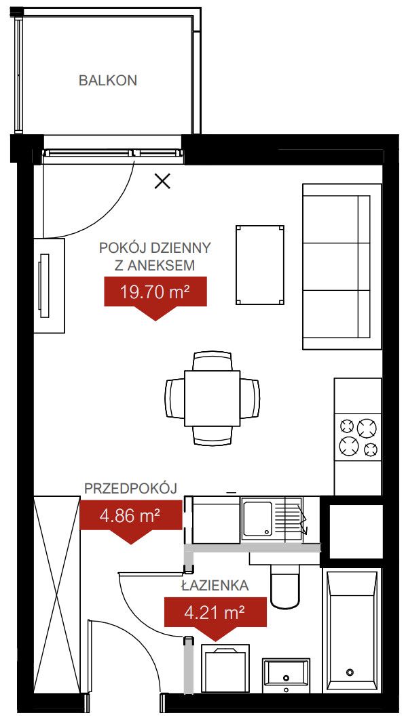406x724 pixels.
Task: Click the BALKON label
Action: pos(108,81)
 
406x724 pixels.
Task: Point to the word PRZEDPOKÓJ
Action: pos(131,489)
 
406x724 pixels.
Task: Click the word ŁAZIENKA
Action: pos(215,586)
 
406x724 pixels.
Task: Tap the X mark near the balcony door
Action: pos(162,182)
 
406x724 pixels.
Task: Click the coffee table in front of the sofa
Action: pos(259,265)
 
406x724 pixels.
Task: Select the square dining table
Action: pos(213,398)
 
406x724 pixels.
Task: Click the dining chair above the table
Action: pos(213,361)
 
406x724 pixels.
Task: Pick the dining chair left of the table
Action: pos(174,399)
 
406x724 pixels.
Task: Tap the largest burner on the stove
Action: pos(367,428)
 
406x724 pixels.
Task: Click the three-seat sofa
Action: pos(342,266)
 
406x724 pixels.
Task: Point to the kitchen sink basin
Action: pos(257,519)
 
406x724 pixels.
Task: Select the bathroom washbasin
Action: pos(286,674)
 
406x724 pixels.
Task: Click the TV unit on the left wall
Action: pos(50,285)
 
